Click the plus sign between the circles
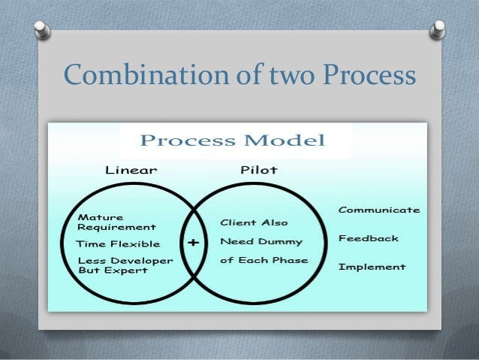click(194, 243)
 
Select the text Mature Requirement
click(116, 221)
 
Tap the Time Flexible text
click(119, 244)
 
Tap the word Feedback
click(368, 238)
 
